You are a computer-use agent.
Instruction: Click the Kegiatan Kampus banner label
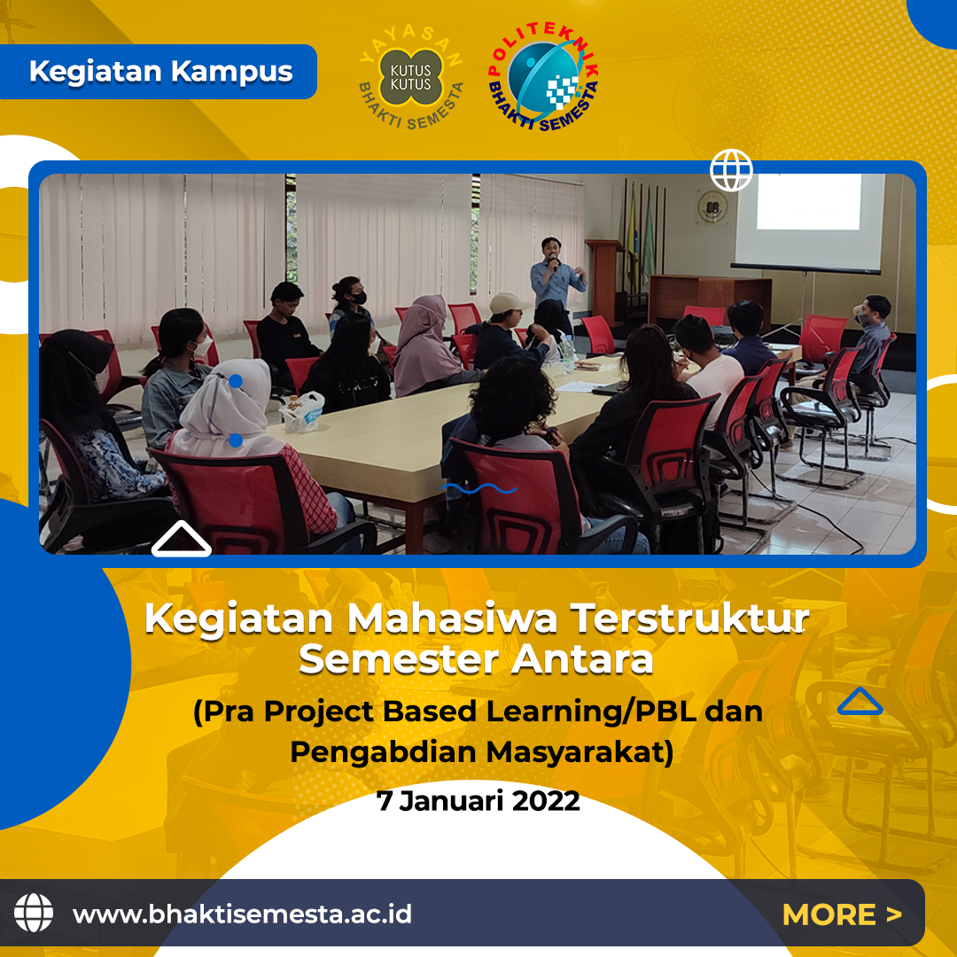161,72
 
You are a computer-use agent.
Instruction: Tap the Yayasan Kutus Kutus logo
411,77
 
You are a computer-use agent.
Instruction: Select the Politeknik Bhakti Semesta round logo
542,76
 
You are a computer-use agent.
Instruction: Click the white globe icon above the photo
731,170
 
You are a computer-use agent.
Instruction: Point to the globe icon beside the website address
34,913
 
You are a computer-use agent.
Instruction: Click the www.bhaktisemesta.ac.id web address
242,914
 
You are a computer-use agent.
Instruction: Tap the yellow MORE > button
842,914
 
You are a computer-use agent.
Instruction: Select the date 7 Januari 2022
478,801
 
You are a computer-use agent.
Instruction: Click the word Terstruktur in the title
690,619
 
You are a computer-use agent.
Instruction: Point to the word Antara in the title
582,660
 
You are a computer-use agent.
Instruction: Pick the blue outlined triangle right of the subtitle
860,701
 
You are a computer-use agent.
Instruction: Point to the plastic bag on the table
302,411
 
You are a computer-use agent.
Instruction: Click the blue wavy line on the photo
479,488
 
